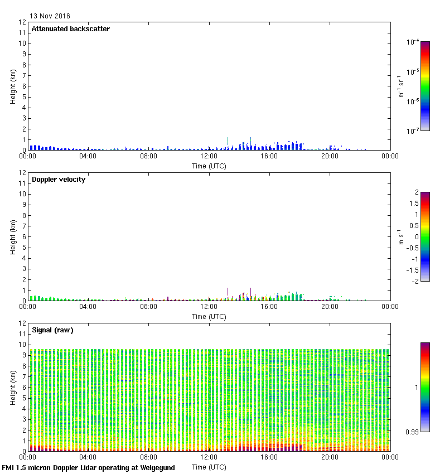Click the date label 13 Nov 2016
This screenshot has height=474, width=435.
(50, 16)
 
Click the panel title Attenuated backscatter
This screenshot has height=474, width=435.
(71, 29)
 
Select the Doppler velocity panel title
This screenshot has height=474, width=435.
(59, 180)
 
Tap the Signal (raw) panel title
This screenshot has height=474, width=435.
(52, 330)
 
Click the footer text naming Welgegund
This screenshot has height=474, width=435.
(88, 468)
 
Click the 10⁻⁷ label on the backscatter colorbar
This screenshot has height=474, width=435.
(413, 130)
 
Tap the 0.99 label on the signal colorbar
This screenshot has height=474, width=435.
(413, 432)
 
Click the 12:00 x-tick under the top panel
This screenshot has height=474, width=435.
(209, 156)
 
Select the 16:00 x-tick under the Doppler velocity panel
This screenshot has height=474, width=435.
(269, 307)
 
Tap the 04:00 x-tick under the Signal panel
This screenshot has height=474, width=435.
(88, 457)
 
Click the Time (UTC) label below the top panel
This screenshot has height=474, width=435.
(209, 166)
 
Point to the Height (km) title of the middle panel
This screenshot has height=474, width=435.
(12, 236)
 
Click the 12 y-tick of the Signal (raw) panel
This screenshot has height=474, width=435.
(22, 323)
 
